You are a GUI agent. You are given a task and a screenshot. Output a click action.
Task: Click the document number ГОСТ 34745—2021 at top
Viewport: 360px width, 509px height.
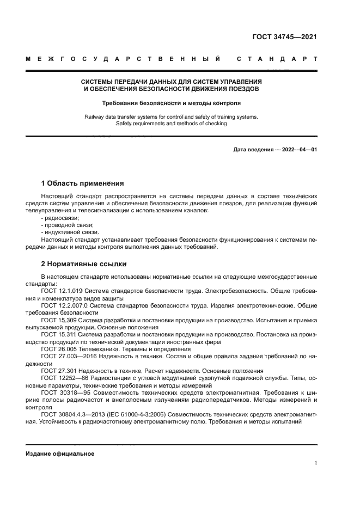pyautogui.click(x=284, y=37)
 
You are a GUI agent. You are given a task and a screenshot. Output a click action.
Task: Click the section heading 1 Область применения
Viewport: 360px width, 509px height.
pyautogui.click(x=83, y=183)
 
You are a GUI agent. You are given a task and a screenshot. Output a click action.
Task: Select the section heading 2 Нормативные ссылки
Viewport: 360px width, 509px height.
pyautogui.click(x=84, y=264)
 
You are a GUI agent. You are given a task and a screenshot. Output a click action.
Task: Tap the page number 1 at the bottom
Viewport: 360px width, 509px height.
pyautogui.click(x=315, y=463)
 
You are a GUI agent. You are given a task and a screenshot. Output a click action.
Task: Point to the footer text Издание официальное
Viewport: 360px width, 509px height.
pyautogui.click(x=60, y=454)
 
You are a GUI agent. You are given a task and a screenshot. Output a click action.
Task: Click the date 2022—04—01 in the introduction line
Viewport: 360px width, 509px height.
pyautogui.click(x=299, y=149)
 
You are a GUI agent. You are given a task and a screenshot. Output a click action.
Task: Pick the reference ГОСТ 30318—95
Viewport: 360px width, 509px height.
pyautogui.click(x=63, y=392)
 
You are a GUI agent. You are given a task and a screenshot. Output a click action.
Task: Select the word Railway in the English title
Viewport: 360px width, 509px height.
pyautogui.click(x=96, y=116)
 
